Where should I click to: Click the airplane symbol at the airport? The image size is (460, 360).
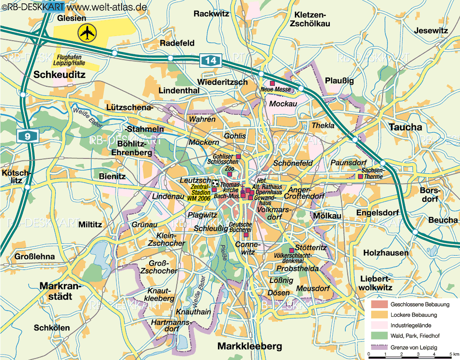[x=87, y=33]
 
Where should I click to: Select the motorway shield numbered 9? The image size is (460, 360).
[x=28, y=136]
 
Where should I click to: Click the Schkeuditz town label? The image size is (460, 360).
[x=59, y=75]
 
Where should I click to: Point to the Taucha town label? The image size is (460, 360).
[x=405, y=127]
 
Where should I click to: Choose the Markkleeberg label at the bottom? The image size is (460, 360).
[x=249, y=346]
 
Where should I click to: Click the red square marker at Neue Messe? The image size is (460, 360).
[x=272, y=83]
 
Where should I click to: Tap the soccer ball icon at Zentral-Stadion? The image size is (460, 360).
[x=215, y=184]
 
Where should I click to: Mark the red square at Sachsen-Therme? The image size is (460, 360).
[x=360, y=176]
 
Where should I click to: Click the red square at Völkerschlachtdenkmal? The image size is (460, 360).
[x=291, y=250]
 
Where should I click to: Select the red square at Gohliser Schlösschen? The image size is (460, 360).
[x=238, y=157]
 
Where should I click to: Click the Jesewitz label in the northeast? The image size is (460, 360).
[x=430, y=31]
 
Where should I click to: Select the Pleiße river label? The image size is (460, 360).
[x=224, y=254]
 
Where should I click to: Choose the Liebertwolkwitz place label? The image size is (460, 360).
[x=374, y=283]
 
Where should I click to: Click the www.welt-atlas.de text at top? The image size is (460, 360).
[x=107, y=7]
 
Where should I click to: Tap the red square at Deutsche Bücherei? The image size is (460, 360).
[x=246, y=235]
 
